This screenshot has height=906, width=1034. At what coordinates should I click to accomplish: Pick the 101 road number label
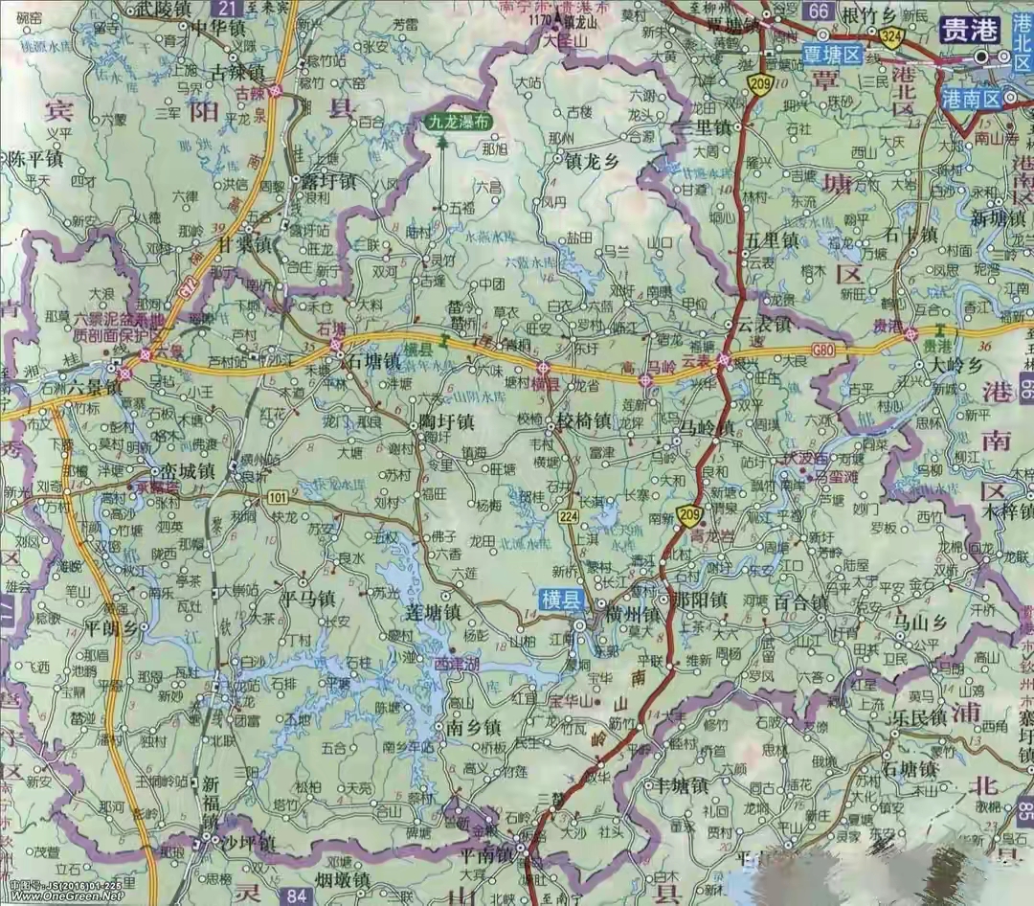click(x=279, y=499)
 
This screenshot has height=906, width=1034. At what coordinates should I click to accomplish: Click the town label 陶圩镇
click(x=440, y=421)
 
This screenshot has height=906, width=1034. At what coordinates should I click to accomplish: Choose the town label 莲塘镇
click(x=430, y=611)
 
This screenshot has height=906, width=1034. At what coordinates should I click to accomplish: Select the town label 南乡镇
click(x=474, y=727)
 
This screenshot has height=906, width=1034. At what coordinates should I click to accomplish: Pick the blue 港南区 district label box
click(x=970, y=98)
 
